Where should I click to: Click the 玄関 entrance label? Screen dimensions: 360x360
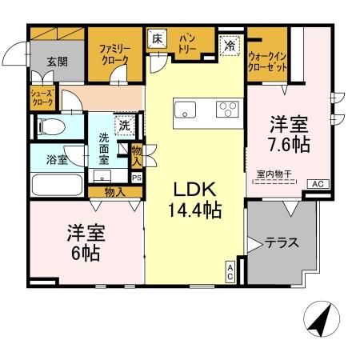57,62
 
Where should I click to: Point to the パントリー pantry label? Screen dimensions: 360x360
190,43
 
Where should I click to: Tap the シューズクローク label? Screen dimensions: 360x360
42,99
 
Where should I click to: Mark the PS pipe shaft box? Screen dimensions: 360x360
136,178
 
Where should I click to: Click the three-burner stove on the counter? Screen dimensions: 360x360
227,110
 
